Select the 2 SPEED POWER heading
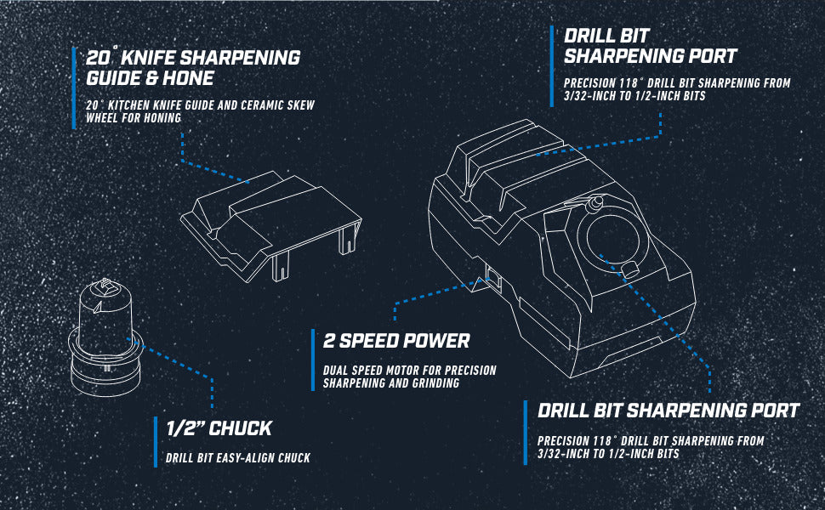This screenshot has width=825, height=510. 396,341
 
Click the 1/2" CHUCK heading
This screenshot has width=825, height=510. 219,428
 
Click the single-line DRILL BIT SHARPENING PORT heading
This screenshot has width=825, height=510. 669,411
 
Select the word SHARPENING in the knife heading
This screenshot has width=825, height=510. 236,58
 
